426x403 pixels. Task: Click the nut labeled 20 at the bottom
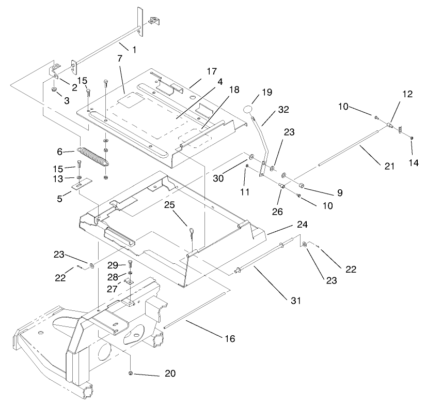pos(131,373)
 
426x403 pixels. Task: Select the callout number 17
pos(199,71)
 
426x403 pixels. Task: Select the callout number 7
pos(120,58)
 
